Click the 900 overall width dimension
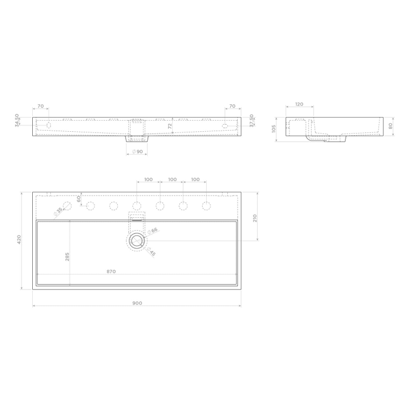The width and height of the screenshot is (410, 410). (x=136, y=303)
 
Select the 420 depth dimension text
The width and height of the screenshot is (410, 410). (x=19, y=240)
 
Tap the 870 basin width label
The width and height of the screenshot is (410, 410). (x=111, y=272)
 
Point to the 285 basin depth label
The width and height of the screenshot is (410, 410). (x=67, y=257)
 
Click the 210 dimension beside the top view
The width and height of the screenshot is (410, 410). (x=255, y=218)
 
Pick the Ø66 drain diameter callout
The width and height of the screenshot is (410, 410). (x=154, y=231)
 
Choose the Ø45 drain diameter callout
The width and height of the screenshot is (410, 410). (x=151, y=252)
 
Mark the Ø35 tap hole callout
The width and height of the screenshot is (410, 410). (x=59, y=211)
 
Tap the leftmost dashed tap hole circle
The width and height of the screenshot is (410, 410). (x=67, y=206)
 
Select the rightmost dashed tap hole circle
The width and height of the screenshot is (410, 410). (x=206, y=206)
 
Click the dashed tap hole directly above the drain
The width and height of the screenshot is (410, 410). (x=136, y=206)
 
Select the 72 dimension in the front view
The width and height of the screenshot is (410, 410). (x=170, y=126)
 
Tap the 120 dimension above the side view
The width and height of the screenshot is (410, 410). (x=299, y=104)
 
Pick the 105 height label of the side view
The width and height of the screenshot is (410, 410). (x=274, y=128)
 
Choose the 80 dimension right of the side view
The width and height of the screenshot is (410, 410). (x=390, y=125)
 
